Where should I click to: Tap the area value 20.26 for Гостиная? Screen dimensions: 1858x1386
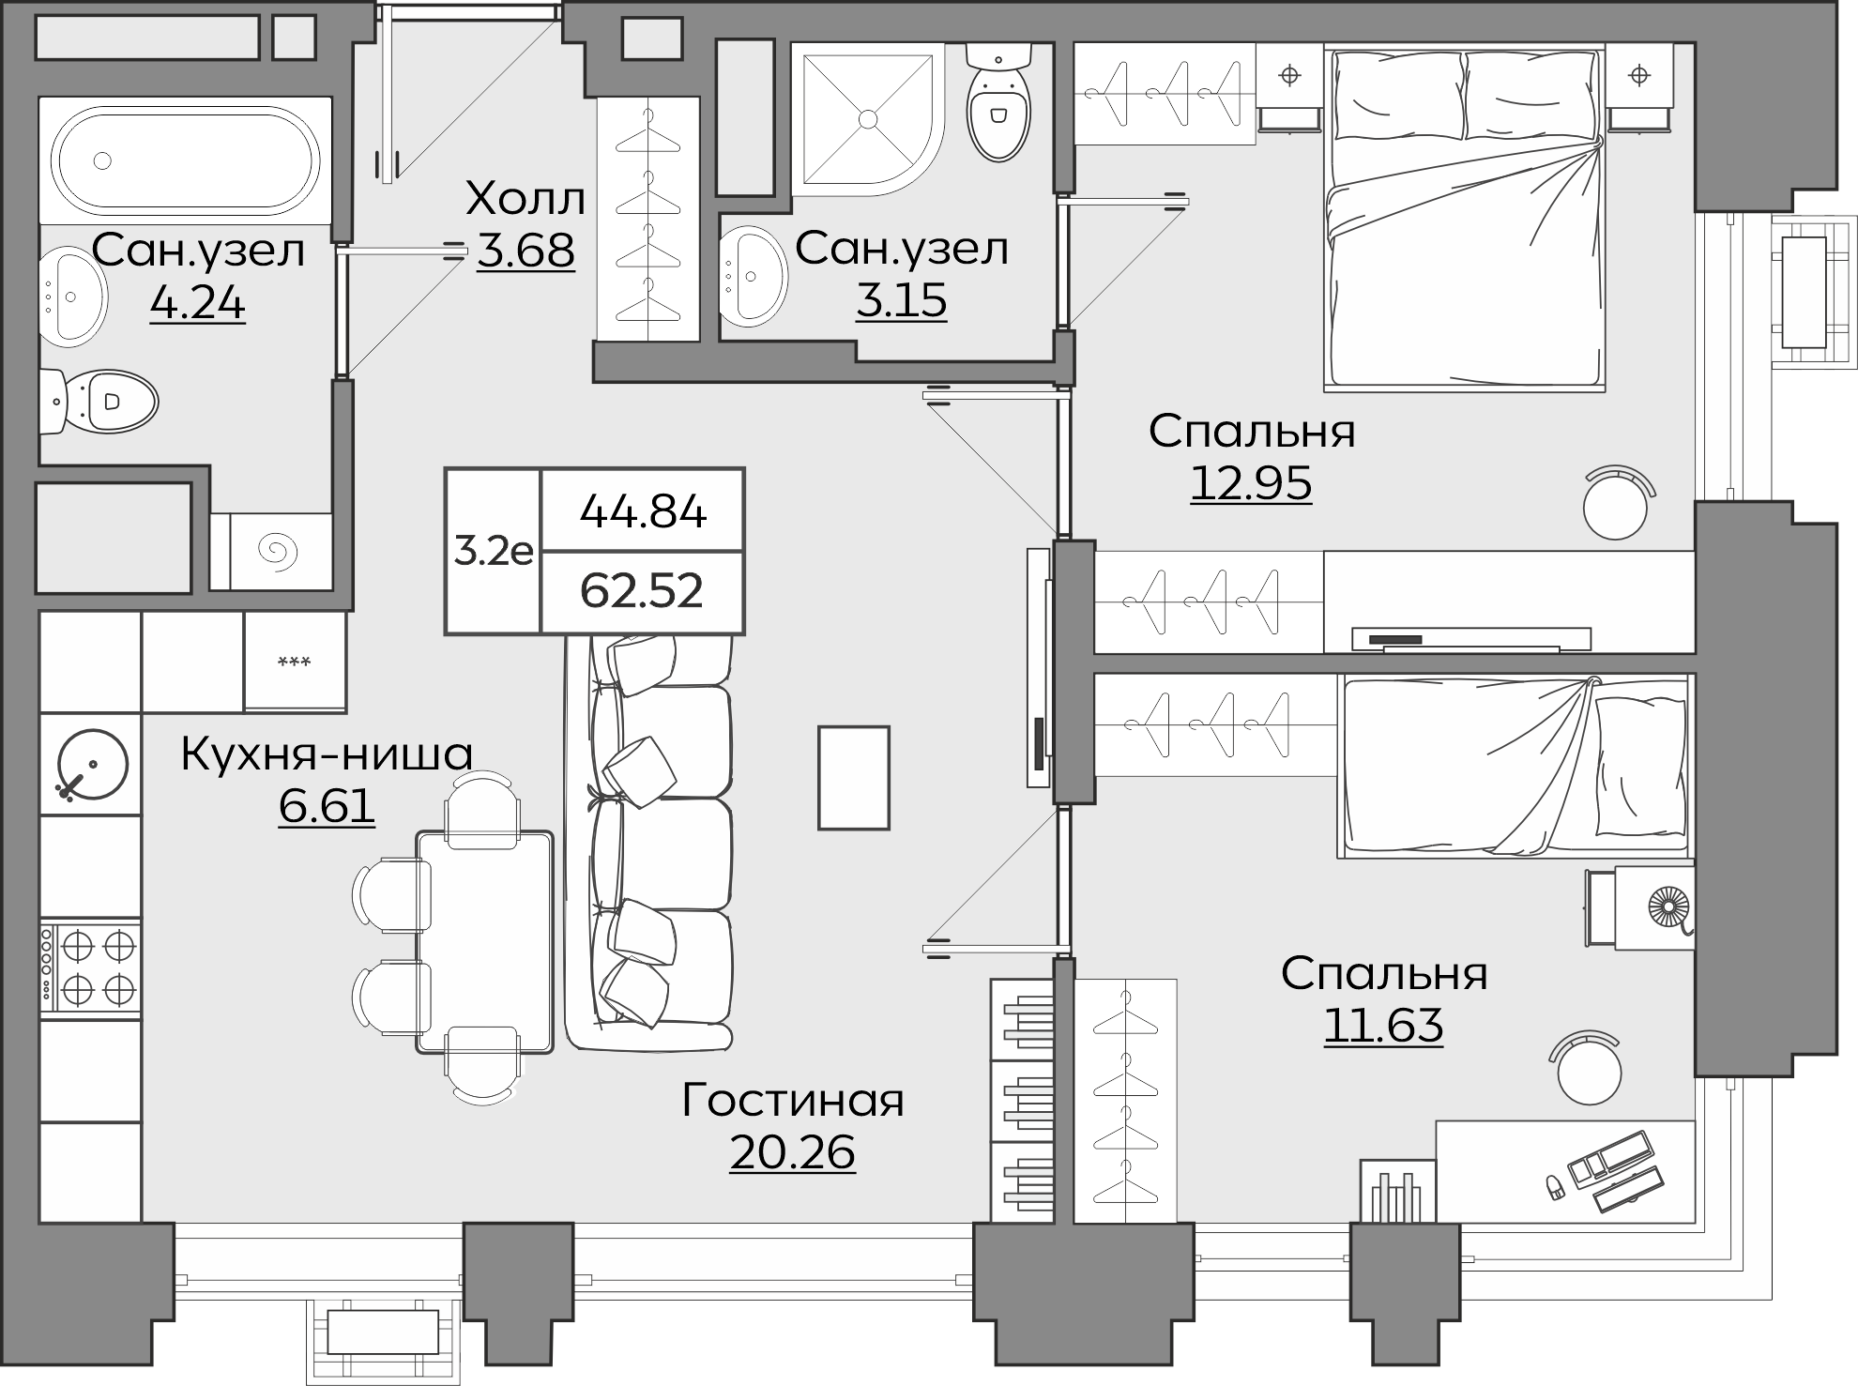point(792,1152)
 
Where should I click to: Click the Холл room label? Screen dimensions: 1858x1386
point(525,199)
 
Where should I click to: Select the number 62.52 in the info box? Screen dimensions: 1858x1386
point(642,591)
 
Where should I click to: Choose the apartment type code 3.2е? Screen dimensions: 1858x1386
point(494,552)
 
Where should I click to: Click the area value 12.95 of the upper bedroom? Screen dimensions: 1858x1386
point(1251,483)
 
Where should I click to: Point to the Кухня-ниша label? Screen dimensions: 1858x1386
point(327,754)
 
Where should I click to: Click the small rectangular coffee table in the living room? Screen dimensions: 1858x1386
point(854,777)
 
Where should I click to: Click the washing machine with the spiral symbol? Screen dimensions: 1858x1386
point(281,552)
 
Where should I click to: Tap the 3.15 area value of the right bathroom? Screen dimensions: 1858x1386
point(901,300)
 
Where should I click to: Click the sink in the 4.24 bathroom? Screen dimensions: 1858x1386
point(72,296)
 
